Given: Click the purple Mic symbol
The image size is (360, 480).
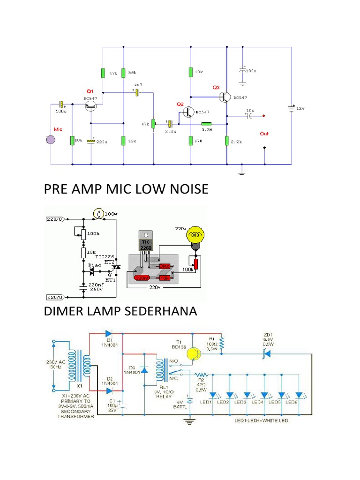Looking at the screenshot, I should tap(50, 139).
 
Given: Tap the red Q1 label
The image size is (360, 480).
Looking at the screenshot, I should tap(90, 91).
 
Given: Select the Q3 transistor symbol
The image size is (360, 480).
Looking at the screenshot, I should tap(225, 97).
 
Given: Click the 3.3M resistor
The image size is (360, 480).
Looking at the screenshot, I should tap(207, 124).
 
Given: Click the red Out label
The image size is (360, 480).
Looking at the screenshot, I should tap(264, 134).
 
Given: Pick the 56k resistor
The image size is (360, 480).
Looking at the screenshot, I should tap(123, 73).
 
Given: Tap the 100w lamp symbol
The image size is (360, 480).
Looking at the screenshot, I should tap(98, 213).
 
